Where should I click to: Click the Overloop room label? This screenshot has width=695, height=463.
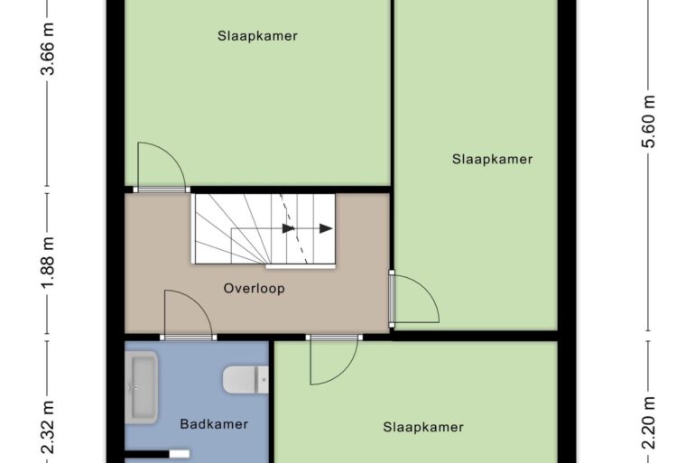[x=254, y=289]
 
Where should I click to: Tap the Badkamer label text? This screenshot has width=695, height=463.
[x=214, y=424]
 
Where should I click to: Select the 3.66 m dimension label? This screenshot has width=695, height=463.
[x=48, y=49]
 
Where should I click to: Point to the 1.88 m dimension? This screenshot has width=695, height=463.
[x=48, y=263]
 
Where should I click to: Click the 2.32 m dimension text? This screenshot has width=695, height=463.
[x=48, y=427]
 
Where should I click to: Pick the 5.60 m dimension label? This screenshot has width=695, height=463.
[x=649, y=122]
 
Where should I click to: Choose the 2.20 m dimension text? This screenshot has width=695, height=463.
[x=649, y=422]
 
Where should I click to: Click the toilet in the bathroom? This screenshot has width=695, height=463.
[x=246, y=380]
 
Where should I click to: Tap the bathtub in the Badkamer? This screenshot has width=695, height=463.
[x=141, y=387]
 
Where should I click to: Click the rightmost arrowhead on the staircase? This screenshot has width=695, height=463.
[x=326, y=228]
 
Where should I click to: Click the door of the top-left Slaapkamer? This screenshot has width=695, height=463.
[x=162, y=166]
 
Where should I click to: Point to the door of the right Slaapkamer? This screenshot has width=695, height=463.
[x=414, y=299]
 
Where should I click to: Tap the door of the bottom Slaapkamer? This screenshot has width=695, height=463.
[x=334, y=359]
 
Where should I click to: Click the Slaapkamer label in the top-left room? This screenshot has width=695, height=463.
[x=257, y=36]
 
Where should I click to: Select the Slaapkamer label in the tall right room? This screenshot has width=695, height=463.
[x=493, y=159]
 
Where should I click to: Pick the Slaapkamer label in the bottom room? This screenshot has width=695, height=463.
[x=423, y=427]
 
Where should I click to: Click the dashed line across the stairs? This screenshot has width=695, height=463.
[x=293, y=229]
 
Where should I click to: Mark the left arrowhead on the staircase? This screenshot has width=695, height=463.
[x=289, y=228]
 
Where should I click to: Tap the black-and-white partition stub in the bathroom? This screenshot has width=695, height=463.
[x=157, y=454]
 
